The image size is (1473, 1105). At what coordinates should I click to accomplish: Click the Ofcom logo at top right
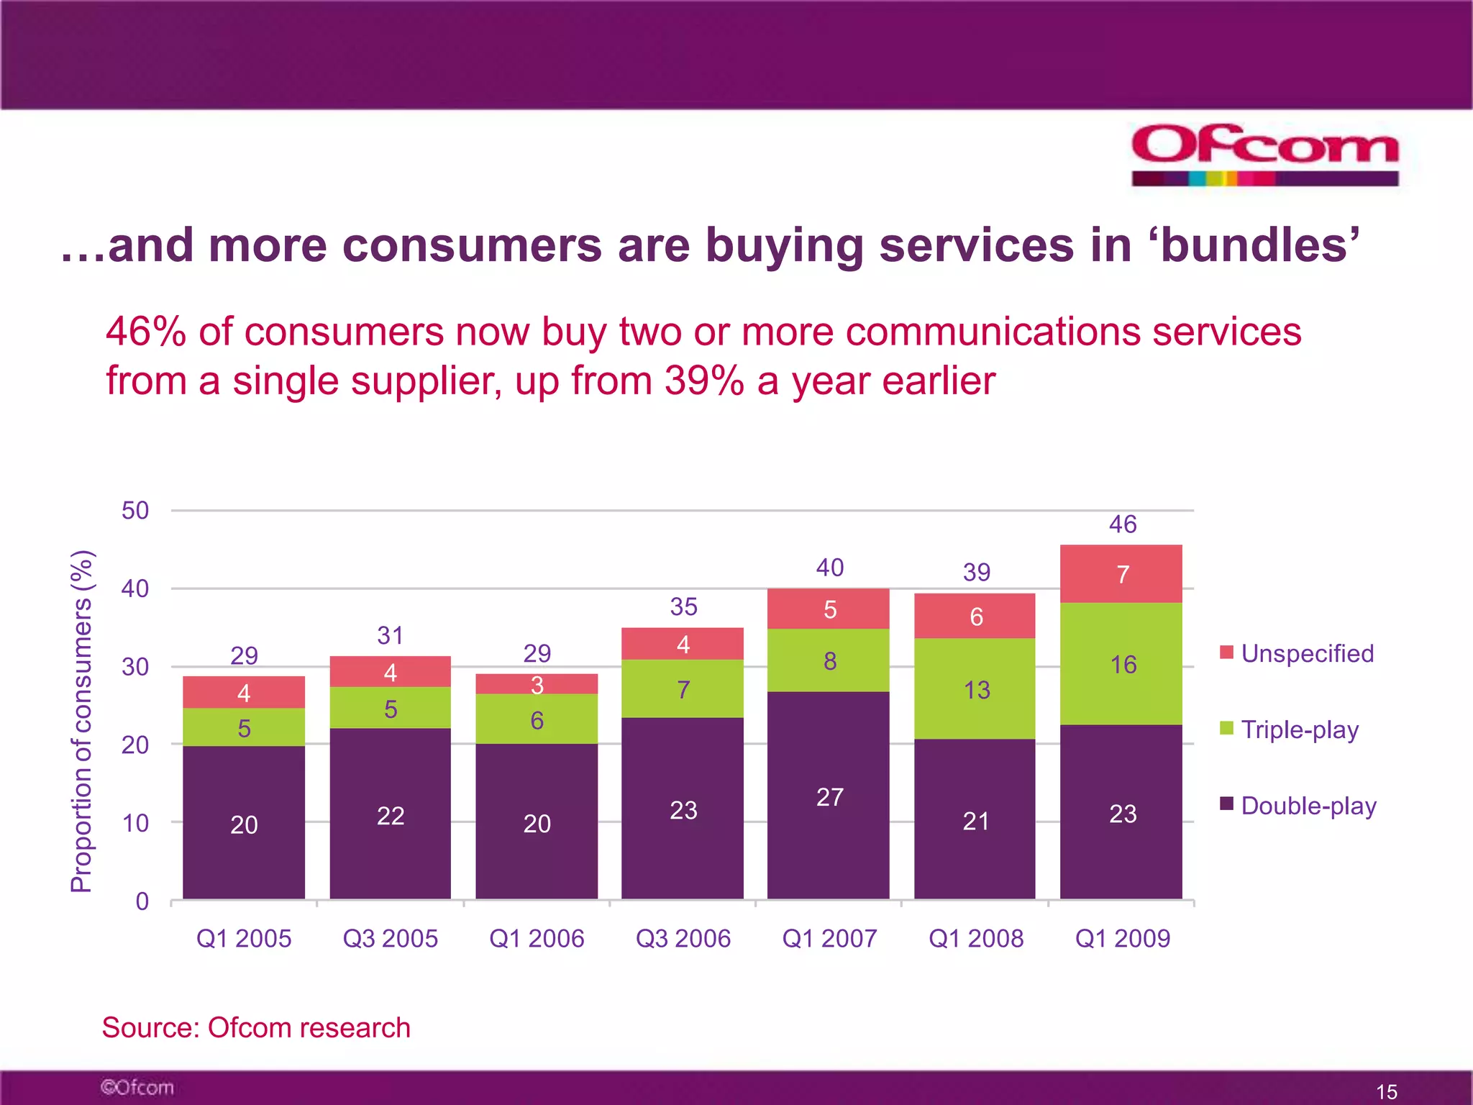tap(1264, 154)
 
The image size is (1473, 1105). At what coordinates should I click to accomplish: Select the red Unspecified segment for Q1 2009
tap(1121, 574)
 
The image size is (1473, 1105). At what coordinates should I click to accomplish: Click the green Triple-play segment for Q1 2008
tap(975, 688)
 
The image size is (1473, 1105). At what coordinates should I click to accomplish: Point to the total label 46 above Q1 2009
tap(1122, 524)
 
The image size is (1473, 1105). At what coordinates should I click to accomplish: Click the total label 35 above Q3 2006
tap(683, 606)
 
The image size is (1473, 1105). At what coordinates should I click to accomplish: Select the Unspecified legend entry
tap(1297, 653)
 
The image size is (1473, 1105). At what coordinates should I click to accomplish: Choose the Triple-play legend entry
tap(1290, 729)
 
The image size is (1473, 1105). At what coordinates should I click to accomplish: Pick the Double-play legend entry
tap(1298, 806)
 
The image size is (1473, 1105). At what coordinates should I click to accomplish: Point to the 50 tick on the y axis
tap(135, 511)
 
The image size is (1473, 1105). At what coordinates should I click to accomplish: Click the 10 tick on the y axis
tap(135, 823)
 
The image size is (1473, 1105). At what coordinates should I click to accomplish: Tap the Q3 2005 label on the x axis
tap(390, 939)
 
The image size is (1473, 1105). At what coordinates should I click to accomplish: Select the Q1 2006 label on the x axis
tap(537, 939)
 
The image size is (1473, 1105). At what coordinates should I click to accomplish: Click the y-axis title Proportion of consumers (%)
tap(82, 721)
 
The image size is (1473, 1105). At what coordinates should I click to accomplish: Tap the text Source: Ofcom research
tap(256, 1027)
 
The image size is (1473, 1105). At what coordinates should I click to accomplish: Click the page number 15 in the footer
tap(1386, 1091)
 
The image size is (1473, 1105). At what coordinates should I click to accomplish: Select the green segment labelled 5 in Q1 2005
tap(244, 727)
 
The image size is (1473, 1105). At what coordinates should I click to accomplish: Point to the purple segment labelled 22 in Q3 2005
tap(390, 814)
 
